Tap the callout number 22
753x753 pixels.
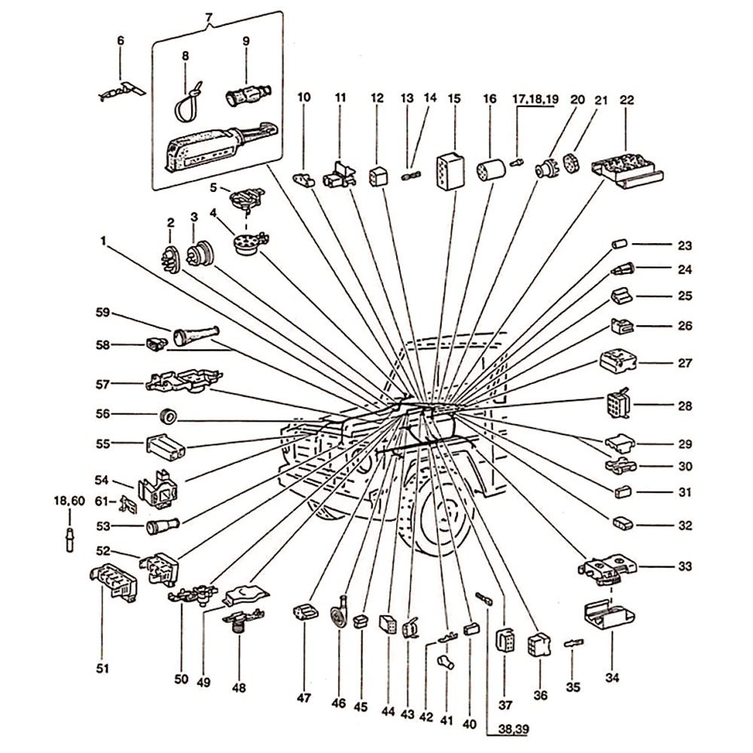626,99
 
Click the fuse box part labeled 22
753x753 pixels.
627,170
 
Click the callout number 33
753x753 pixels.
684,566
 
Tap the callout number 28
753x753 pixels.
684,406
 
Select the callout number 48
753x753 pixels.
239,687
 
